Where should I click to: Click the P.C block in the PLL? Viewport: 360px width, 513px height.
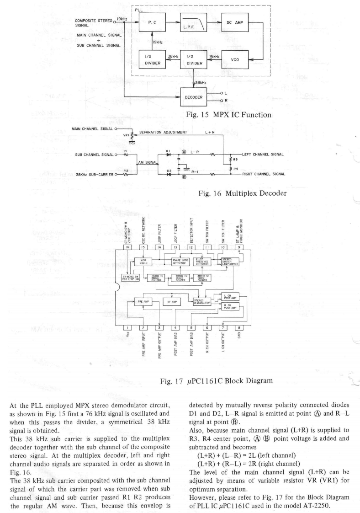(152, 21)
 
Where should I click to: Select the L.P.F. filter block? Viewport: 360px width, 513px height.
(192, 21)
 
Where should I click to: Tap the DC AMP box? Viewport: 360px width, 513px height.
(234, 21)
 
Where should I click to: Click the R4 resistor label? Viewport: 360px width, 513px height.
(235, 169)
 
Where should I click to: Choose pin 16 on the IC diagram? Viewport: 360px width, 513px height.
(127, 247)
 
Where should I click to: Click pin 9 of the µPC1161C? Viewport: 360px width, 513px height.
(238, 247)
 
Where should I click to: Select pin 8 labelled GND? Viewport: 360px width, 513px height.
(238, 327)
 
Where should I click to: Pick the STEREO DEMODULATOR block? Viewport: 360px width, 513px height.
(201, 302)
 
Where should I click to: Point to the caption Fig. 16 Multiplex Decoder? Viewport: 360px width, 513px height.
(242, 194)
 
